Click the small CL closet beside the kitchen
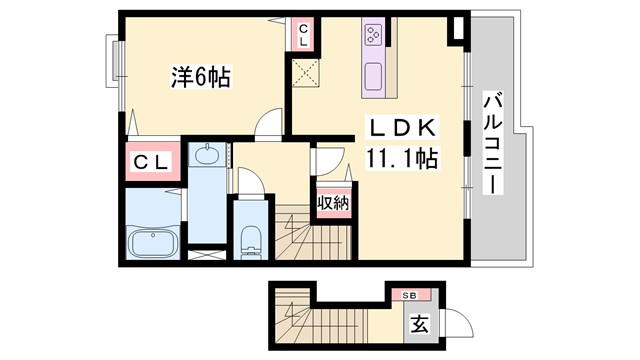click(x=303, y=35)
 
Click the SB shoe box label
click(x=410, y=295)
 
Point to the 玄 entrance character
click(x=419, y=325)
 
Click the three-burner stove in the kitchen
click(x=374, y=36)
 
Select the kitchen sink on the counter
click(x=374, y=74)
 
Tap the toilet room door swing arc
click(x=250, y=180)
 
